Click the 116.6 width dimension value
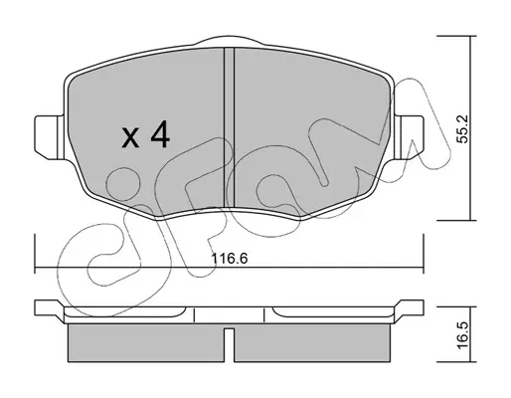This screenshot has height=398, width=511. (x=230, y=259)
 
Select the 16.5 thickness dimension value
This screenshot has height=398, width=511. (x=462, y=335)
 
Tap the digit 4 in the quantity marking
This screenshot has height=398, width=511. (x=160, y=134)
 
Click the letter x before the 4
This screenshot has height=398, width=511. (x=130, y=137)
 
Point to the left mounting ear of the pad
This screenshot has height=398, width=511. (x=49, y=137)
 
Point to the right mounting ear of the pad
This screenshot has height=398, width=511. (x=409, y=137)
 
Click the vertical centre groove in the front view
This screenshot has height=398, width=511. (x=230, y=127)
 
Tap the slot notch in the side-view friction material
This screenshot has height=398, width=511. (x=229, y=345)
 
